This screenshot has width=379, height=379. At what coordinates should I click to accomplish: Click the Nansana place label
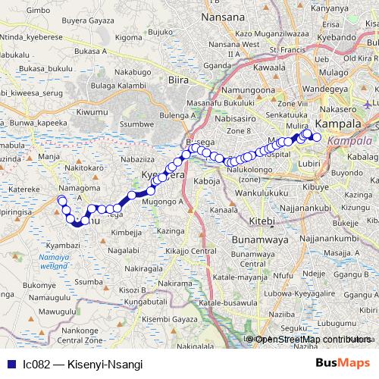[x=224, y=16]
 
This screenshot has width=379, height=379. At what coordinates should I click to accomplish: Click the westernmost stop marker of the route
[x=61, y=199]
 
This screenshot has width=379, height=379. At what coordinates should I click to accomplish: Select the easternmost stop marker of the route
[x=318, y=138]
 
